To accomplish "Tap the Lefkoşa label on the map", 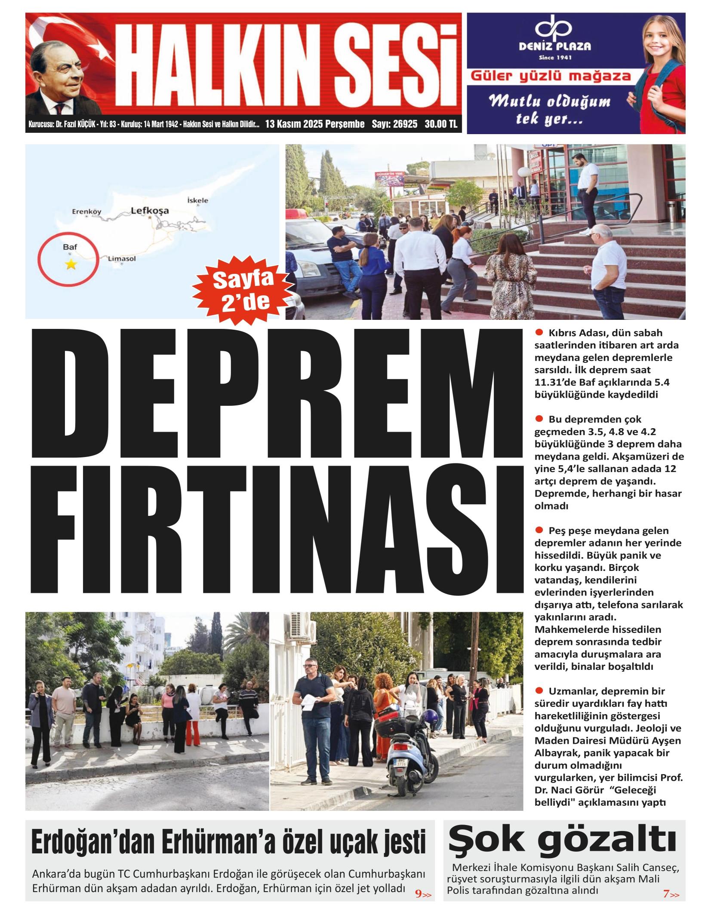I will (x=150, y=211).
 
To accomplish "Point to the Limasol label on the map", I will (x=122, y=258).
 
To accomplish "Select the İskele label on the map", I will (x=198, y=200).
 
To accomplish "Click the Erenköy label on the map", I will (x=86, y=211).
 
